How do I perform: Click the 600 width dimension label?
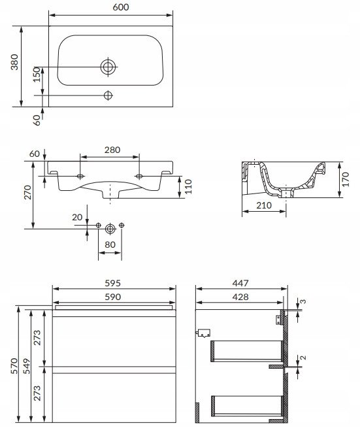coord(121,7)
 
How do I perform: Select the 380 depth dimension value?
coord(14,62)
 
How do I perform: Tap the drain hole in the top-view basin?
coord(108,67)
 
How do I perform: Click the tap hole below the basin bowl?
coord(108,95)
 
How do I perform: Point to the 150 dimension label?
coord(37,75)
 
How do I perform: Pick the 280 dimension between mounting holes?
coord(112,150)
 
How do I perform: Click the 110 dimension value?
coord(188,186)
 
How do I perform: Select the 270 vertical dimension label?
coord(28,192)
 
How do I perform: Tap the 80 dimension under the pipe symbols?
coord(110,244)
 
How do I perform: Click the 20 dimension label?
coord(77,217)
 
